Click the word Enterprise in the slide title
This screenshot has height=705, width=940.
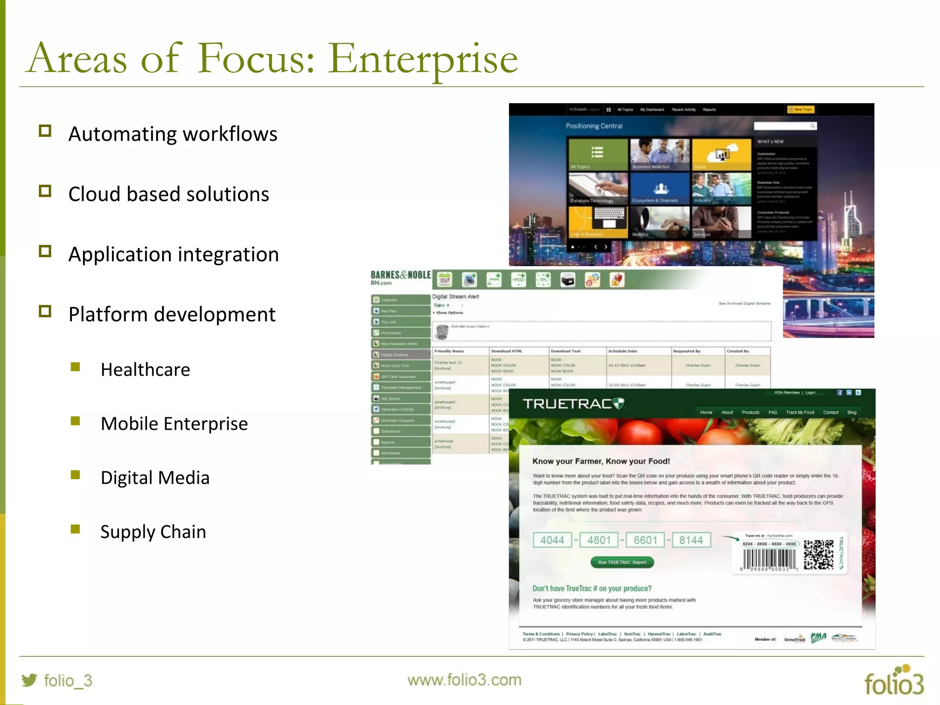pyautogui.click(x=422, y=60)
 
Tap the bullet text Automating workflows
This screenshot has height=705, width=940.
pyautogui.click(x=173, y=134)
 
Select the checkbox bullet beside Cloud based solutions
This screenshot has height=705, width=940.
pyautogui.click(x=45, y=191)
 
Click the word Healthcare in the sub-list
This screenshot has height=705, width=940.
pyautogui.click(x=145, y=369)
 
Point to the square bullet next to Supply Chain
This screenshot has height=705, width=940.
pyautogui.click(x=76, y=530)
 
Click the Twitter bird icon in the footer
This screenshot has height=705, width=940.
pyautogui.click(x=29, y=680)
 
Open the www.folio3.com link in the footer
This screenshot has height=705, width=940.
pyautogui.click(x=464, y=680)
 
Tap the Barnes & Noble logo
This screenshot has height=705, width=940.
pyautogui.click(x=401, y=277)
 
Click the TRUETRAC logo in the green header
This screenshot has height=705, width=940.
pyautogui.click(x=573, y=404)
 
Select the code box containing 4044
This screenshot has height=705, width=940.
pyautogui.click(x=552, y=540)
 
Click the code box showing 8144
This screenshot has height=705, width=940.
pyautogui.click(x=691, y=540)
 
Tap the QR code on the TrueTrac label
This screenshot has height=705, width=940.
pyautogui.click(x=818, y=554)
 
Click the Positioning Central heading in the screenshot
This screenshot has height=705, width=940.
pyautogui.click(x=594, y=126)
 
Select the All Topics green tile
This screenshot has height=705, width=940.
pyautogui.click(x=598, y=154)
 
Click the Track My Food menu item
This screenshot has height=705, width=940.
pyautogui.click(x=800, y=412)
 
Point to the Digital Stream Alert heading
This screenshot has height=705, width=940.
pyautogui.click(x=455, y=297)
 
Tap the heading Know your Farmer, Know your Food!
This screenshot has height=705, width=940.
pyautogui.click(x=601, y=461)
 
